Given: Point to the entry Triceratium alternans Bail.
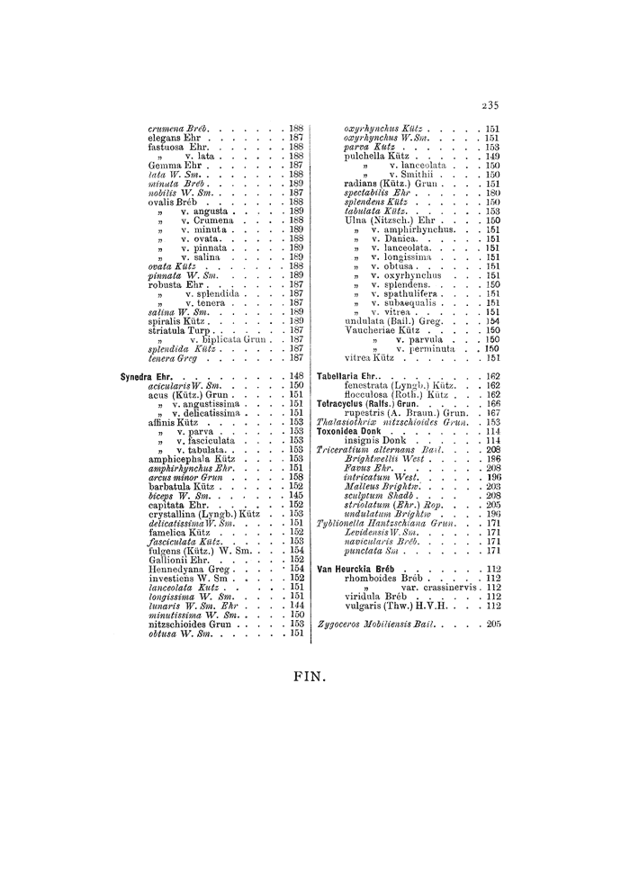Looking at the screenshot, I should (x=386, y=449).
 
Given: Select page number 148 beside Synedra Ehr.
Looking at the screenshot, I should (x=296, y=376).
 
